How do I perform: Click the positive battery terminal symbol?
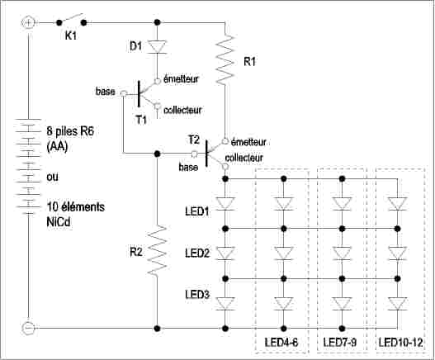pyautogui.click(x=28, y=22)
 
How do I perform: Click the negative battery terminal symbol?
pyautogui.click(x=28, y=329)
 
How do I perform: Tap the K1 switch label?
pyautogui.click(x=70, y=36)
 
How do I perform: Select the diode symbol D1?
pyautogui.click(x=157, y=46)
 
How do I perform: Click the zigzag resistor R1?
pyautogui.click(x=225, y=59)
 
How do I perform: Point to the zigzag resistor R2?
pyautogui.click(x=158, y=250)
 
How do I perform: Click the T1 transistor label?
pyautogui.click(x=141, y=120)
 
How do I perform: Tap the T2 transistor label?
pyautogui.click(x=194, y=140)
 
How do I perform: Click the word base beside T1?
pyautogui.click(x=105, y=92)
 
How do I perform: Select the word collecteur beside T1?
pyautogui.click(x=182, y=110)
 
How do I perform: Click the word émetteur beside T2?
pyautogui.click(x=248, y=142)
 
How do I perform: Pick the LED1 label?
pyautogui.click(x=197, y=211)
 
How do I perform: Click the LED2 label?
pyautogui.click(x=197, y=253)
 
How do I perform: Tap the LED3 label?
pyautogui.click(x=197, y=295)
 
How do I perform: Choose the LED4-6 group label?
pyautogui.click(x=281, y=342)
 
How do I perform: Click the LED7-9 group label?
pyautogui.click(x=340, y=342)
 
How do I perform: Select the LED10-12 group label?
pyautogui.click(x=400, y=342)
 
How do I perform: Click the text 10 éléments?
pyautogui.click(x=76, y=207)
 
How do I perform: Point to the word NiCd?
pyautogui.click(x=59, y=222)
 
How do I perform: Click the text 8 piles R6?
pyautogui.click(x=70, y=131)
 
